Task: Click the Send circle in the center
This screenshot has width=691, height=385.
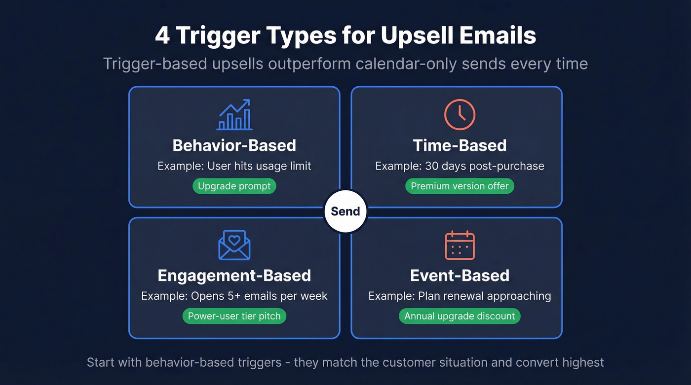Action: (x=345, y=211)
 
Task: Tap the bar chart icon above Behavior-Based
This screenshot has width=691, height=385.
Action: (x=234, y=115)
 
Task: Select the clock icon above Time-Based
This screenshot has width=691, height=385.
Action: (x=460, y=115)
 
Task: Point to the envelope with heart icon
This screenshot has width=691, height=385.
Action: (x=234, y=245)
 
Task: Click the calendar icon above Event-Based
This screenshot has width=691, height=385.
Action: (x=460, y=245)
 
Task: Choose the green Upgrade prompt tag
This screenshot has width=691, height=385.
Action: (x=234, y=186)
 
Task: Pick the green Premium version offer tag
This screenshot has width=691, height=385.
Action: (x=460, y=186)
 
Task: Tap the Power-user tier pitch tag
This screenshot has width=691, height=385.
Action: (x=234, y=316)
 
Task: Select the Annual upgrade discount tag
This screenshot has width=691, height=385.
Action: (x=460, y=316)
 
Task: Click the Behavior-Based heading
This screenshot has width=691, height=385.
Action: (x=234, y=145)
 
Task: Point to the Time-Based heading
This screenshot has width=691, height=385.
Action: (x=460, y=145)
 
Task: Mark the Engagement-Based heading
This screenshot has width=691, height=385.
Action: (x=234, y=276)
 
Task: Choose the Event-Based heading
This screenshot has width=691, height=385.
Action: (x=460, y=276)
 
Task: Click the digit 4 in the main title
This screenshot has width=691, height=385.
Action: (x=162, y=36)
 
